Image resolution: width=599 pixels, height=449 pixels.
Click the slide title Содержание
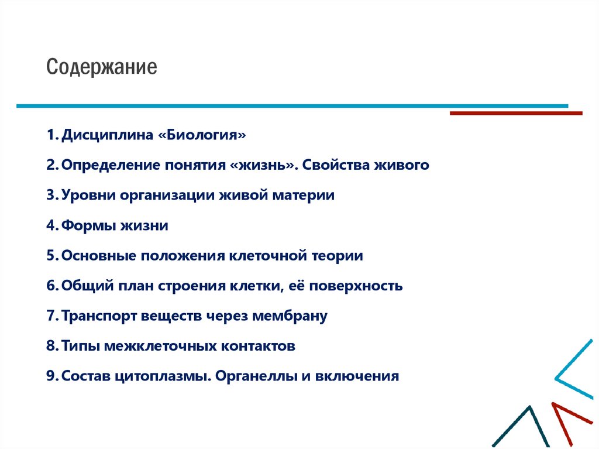(102, 67)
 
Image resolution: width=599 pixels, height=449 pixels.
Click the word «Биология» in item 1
(202, 135)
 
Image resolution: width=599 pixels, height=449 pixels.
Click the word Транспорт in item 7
(99, 316)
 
